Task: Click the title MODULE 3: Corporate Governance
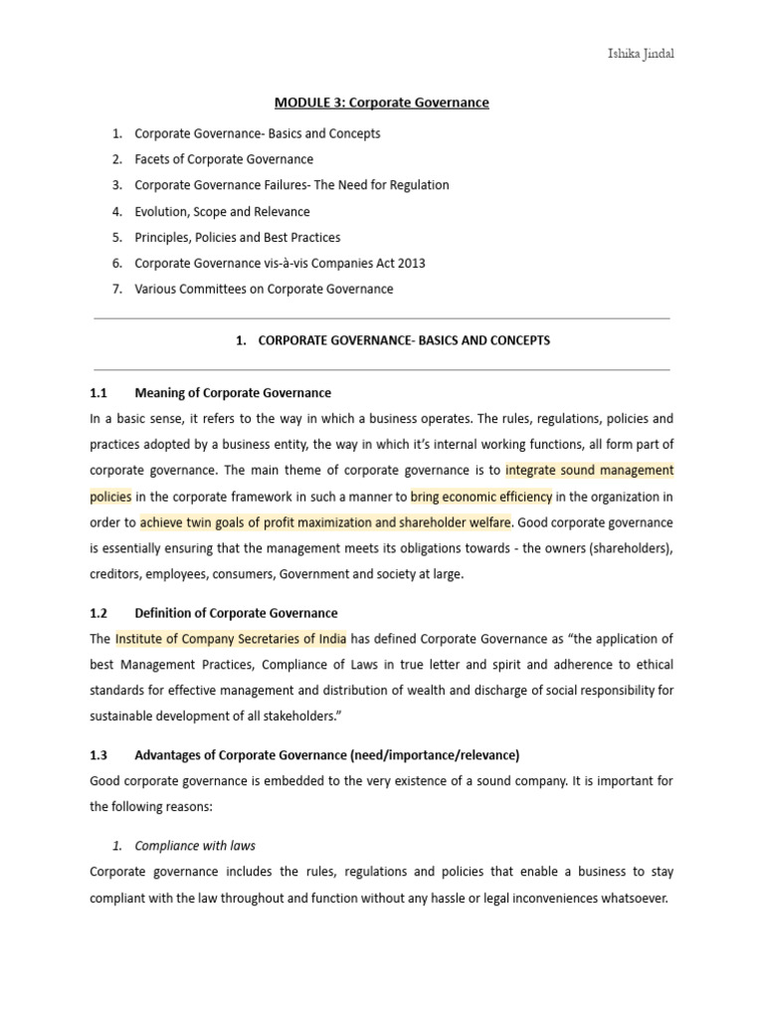(381, 102)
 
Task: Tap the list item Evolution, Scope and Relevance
(222, 211)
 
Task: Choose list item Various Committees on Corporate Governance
(264, 290)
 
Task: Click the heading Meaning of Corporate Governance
(233, 393)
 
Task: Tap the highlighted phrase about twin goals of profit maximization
(325, 521)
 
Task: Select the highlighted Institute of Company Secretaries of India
(231, 639)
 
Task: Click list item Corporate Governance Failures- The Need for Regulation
(291, 185)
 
